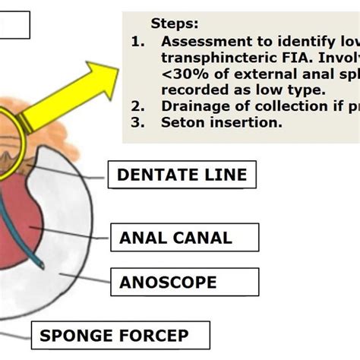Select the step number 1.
pyautogui.click(x=137, y=43)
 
